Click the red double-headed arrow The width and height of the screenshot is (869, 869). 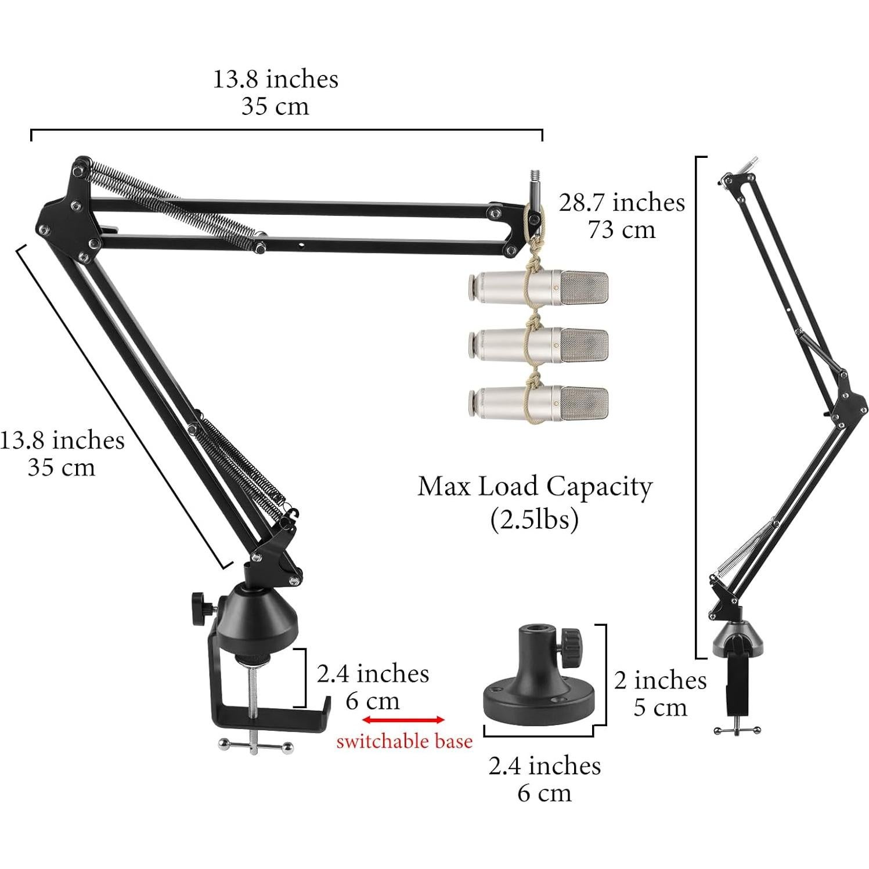pyautogui.click(x=403, y=720)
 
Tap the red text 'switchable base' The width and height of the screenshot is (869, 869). pyautogui.click(x=404, y=741)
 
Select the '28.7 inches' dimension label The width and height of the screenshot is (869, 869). pyautogui.click(x=622, y=203)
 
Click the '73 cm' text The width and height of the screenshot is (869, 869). pyautogui.click(x=622, y=230)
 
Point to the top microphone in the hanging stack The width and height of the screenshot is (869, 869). pyautogui.click(x=538, y=289)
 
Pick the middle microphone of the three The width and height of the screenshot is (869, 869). pyautogui.click(x=538, y=344)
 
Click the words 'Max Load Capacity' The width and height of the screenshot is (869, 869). pyautogui.click(x=535, y=486)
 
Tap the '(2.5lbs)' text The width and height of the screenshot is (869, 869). pyautogui.click(x=534, y=519)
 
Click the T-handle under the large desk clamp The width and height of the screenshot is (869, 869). pyautogui.click(x=255, y=745)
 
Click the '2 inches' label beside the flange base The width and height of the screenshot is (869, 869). pyautogui.click(x=660, y=680)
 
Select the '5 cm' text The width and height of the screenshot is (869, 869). pyautogui.click(x=660, y=708)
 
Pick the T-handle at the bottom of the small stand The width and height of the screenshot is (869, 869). pyautogui.click(x=737, y=730)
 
